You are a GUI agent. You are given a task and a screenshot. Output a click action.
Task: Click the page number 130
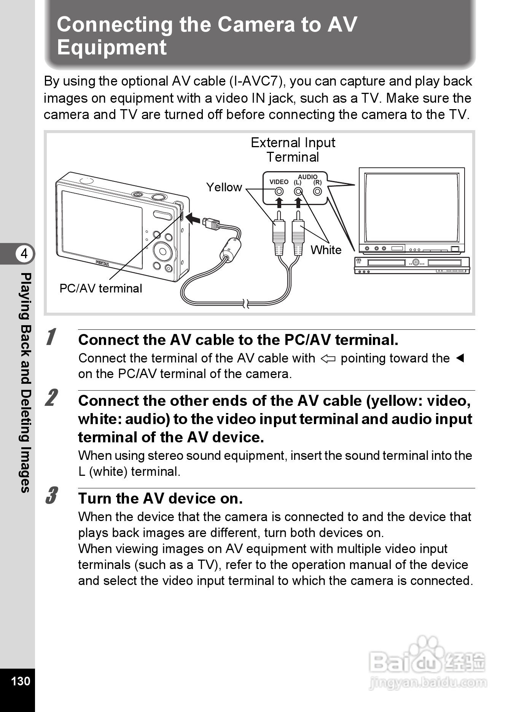coord(21,680)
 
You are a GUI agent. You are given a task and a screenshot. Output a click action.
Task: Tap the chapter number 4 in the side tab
coord(24,253)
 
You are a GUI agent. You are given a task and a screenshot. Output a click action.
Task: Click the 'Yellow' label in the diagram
coord(224,187)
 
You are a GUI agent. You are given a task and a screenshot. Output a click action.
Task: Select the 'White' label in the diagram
coord(326,250)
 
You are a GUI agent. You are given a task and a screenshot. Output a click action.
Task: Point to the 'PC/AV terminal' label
coord(100,288)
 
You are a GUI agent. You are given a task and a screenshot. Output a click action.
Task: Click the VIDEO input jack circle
coord(279,192)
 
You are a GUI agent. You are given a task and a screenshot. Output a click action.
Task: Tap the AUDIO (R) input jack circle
coord(317,192)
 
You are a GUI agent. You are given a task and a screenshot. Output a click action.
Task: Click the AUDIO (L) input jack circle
coord(298,192)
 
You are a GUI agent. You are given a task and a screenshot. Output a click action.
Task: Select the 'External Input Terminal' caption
coord(293,149)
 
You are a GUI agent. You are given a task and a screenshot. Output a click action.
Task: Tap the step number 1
coord(51,337)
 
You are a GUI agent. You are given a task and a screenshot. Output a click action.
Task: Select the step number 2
coord(51,398)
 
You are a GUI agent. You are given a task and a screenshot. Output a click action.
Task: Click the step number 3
coord(51,495)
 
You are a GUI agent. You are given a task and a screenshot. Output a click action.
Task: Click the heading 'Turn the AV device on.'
coord(160,498)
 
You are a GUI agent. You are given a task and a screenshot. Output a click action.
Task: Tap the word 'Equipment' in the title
coord(111,48)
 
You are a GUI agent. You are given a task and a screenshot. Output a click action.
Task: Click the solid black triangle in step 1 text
coord(460,358)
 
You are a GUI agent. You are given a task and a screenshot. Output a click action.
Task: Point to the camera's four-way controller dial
coord(163,251)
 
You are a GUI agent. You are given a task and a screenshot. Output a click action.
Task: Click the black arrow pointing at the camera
coord(193,219)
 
